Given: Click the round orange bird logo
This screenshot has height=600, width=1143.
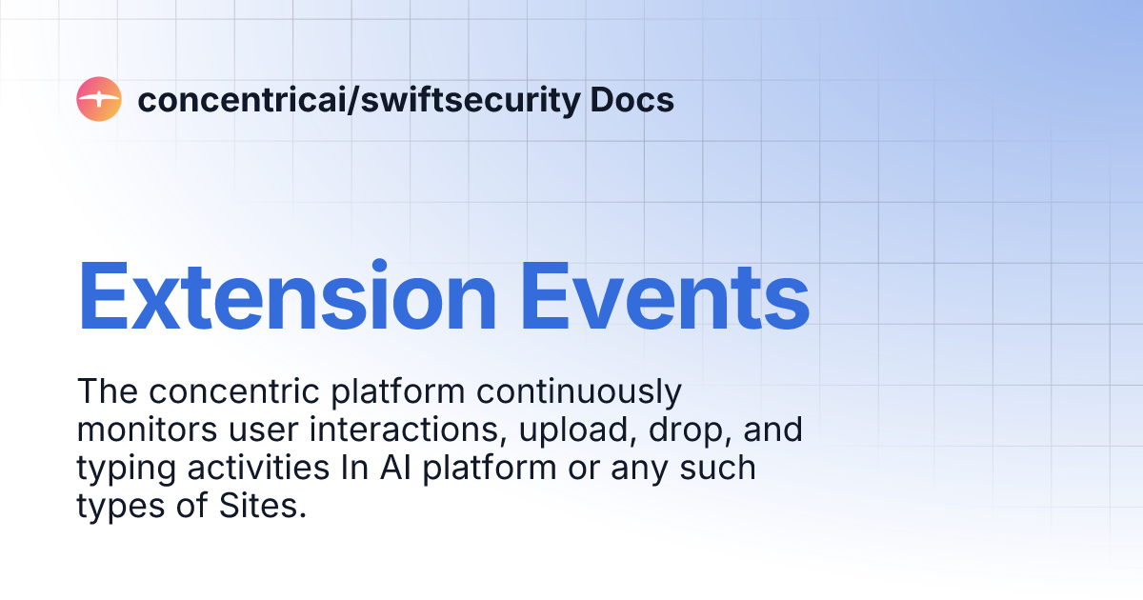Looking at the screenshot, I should pos(99,99).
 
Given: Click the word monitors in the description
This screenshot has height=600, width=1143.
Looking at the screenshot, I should pos(143,430).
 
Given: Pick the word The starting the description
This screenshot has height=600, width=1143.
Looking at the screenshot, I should pos(107,391).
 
